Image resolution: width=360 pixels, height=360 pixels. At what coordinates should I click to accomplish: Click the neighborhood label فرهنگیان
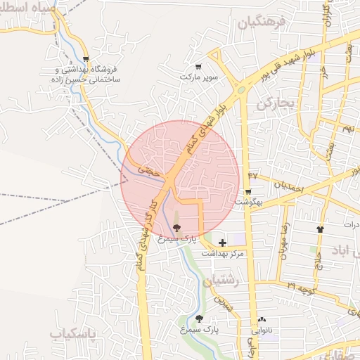tap(263, 22)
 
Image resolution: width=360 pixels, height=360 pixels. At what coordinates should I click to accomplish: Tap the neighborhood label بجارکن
tap(274, 103)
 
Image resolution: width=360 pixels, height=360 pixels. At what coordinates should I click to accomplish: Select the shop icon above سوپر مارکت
tap(199, 67)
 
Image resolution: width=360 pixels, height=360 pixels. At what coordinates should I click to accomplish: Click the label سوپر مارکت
tap(199, 76)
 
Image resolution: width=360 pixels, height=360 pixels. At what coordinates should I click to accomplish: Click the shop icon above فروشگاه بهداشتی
tap(86, 60)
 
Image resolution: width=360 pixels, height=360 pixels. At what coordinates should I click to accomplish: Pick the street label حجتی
tap(149, 169)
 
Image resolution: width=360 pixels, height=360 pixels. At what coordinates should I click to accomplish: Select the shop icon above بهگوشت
tap(248, 192)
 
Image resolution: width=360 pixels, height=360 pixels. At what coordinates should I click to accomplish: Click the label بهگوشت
tap(248, 201)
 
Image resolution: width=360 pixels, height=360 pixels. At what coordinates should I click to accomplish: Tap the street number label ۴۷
tap(253, 174)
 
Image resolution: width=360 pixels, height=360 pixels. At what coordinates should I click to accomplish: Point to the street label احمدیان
tap(288, 187)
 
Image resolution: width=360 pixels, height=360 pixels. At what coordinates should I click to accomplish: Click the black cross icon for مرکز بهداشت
tap(223, 243)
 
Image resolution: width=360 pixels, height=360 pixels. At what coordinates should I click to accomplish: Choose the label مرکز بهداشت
tap(223, 252)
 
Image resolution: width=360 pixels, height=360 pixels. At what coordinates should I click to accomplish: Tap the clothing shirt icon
tap(321, 229)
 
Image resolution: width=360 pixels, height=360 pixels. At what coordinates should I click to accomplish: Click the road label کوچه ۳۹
tap(300, 288)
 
